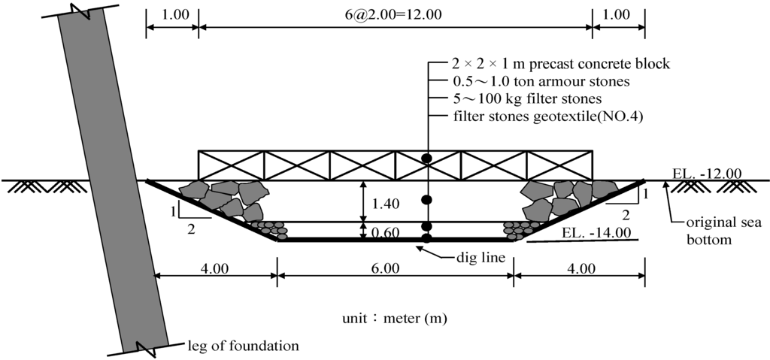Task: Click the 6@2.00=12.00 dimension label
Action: (x=395, y=14)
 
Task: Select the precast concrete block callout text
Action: (x=551, y=64)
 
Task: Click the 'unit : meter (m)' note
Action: (x=395, y=318)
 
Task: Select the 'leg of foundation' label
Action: (x=242, y=346)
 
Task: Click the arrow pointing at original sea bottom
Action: (x=665, y=194)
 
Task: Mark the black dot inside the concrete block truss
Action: (x=427, y=159)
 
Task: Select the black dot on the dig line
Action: (x=427, y=239)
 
